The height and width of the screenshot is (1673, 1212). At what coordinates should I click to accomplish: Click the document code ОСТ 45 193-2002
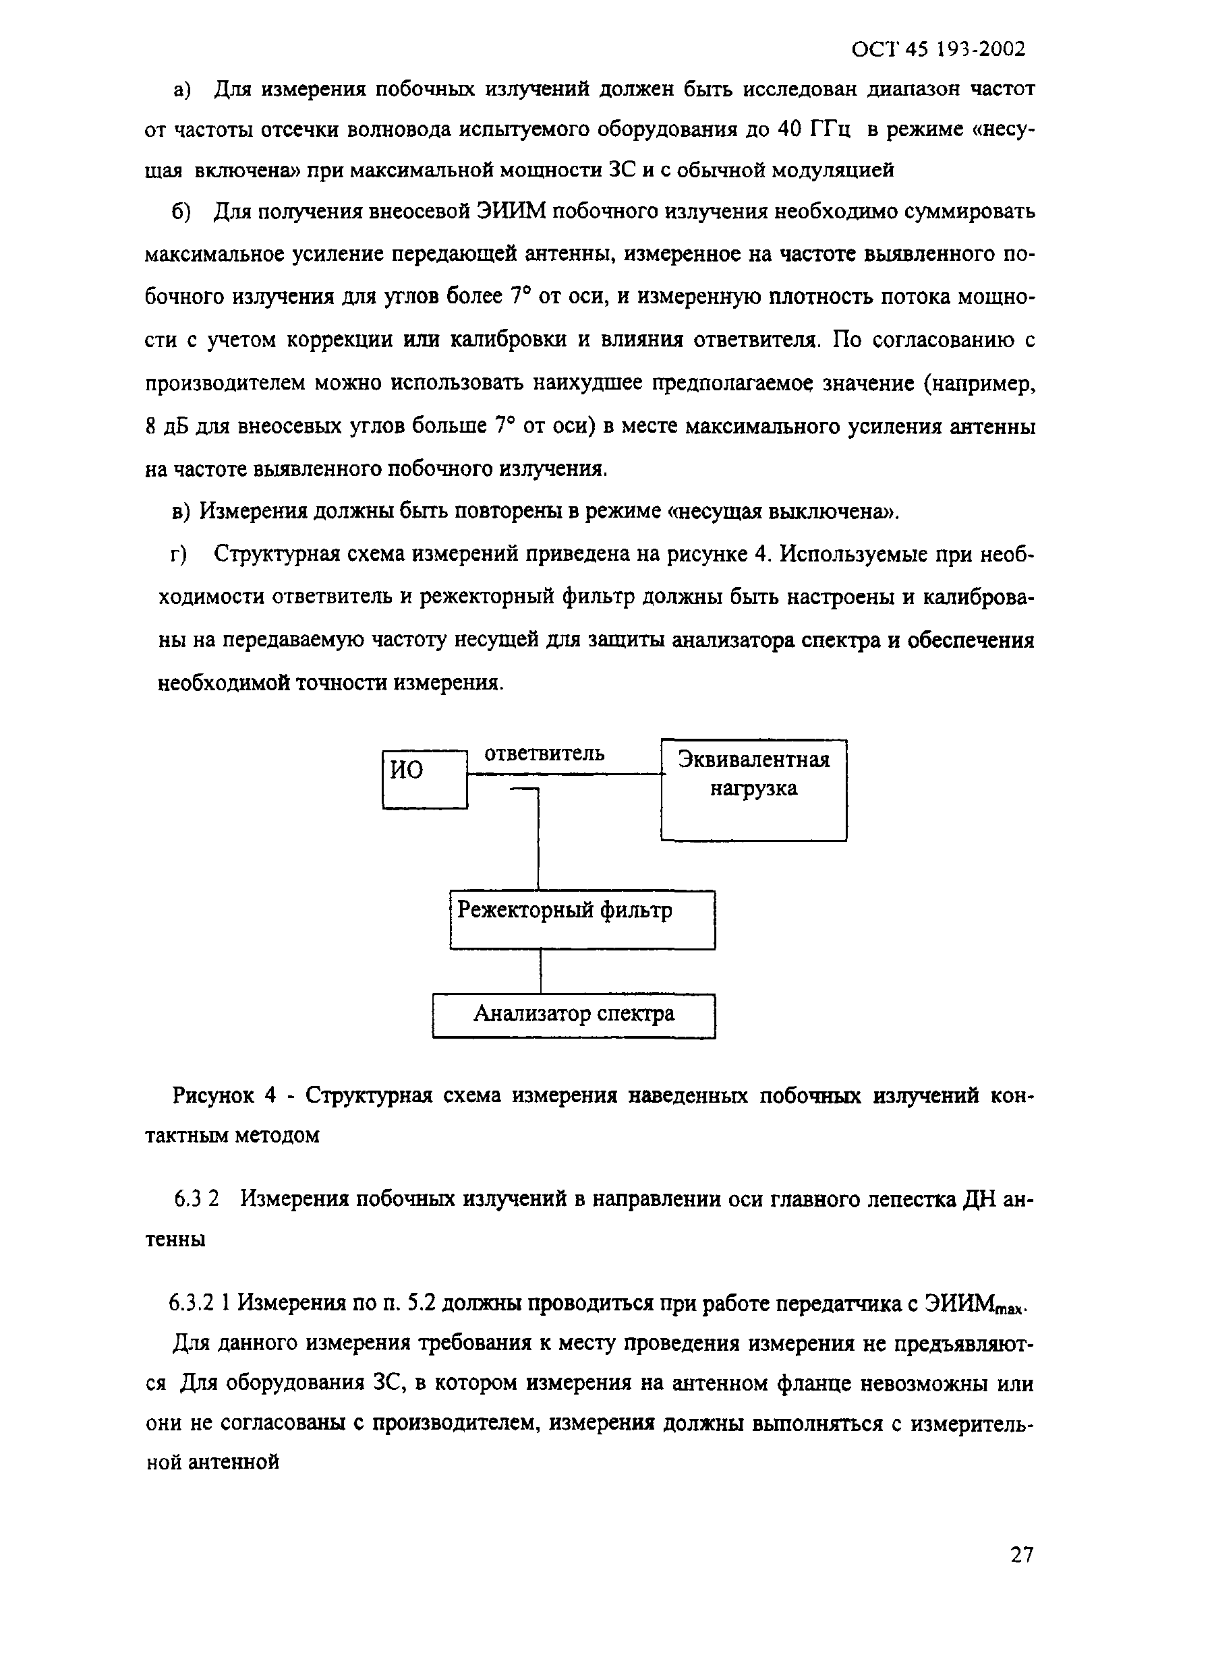point(938,49)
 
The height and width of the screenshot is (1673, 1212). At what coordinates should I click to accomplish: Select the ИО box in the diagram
point(424,779)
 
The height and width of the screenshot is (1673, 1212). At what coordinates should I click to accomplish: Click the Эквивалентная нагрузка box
point(753,789)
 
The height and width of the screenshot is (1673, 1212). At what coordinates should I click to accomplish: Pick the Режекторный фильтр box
point(581,919)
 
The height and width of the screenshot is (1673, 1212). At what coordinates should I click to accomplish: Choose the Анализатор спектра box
point(573,1016)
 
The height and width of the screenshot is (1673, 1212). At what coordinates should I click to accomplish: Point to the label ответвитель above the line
point(544,753)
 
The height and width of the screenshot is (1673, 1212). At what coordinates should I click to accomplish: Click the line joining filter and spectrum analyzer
point(541,971)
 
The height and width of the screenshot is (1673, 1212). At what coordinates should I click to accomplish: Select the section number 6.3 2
point(196,1199)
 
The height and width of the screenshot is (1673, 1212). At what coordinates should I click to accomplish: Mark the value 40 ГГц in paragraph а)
point(813,129)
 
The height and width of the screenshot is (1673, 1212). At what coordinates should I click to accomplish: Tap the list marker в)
point(181,511)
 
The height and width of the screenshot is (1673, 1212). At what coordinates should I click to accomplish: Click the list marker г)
point(179,554)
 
